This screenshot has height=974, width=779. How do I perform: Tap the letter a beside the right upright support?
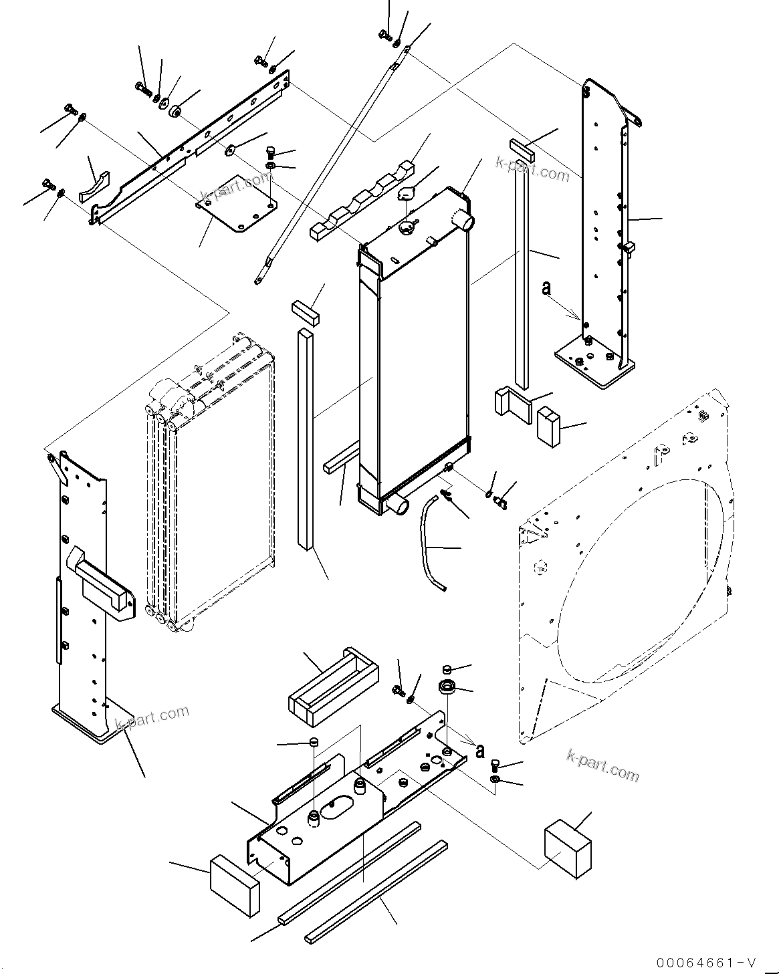pyautogui.click(x=546, y=288)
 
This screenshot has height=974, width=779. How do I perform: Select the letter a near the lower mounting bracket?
pyautogui.click(x=479, y=751)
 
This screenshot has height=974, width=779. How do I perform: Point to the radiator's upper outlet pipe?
pyautogui.click(x=463, y=218)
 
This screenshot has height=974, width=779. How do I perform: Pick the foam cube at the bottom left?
pyautogui.click(x=233, y=884)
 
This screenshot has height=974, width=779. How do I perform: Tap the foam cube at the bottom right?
pyautogui.click(x=567, y=847)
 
